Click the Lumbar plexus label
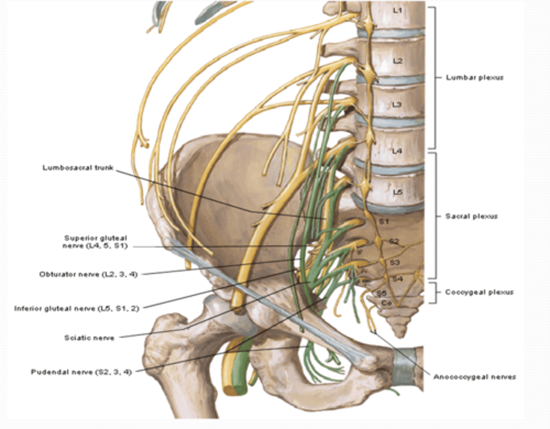pyautogui.click(x=474, y=78)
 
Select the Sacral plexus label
pyautogui.click(x=471, y=216)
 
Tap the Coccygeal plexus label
pyautogui.click(x=479, y=292)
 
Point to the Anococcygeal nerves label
pyautogui.click(x=474, y=377)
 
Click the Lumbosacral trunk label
pyautogui.click(x=78, y=168)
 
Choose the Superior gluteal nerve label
pyautogui.click(x=95, y=242)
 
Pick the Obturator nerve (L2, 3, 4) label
pyautogui.click(x=88, y=274)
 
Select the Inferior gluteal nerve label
pyautogui.click(x=76, y=308)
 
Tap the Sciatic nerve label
pyautogui.click(x=89, y=338)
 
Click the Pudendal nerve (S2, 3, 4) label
pyautogui.click(x=81, y=372)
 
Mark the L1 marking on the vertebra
pyautogui.click(x=398, y=11)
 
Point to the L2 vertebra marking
pyautogui.click(x=398, y=61)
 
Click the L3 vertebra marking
pyautogui.click(x=397, y=104)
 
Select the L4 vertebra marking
pyautogui.click(x=397, y=151)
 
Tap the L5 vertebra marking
pyautogui.click(x=398, y=192)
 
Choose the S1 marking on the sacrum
pyautogui.click(x=383, y=221)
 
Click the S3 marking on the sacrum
pyautogui.click(x=395, y=263)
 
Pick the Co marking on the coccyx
pyautogui.click(x=387, y=303)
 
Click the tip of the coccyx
pyautogui.click(x=400, y=335)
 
